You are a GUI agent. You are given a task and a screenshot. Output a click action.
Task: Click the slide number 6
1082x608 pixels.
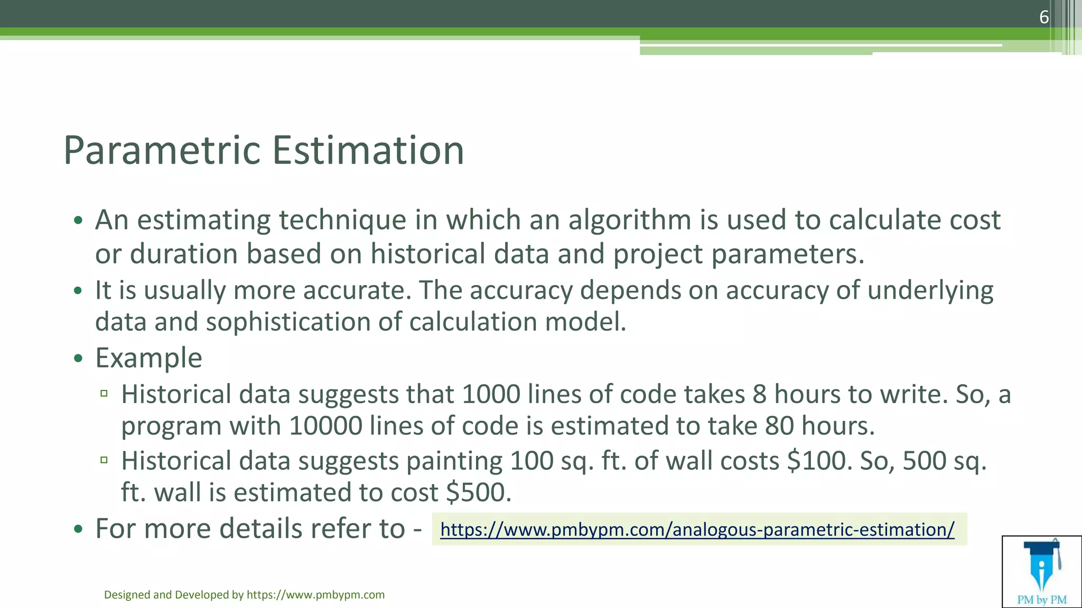[1043, 17]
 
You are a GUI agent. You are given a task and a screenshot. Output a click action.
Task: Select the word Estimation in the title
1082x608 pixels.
[368, 150]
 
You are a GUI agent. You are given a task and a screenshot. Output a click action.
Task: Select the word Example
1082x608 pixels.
[148, 358]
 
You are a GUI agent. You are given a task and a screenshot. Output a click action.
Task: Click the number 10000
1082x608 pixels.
[325, 426]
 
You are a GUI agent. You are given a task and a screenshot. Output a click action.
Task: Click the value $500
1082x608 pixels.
[478, 492]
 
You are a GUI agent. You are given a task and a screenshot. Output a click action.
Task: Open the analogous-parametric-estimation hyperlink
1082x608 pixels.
[697, 529]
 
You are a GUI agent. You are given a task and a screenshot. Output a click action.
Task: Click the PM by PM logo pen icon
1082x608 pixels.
[1041, 567]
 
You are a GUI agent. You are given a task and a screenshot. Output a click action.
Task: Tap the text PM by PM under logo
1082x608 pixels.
[1042, 600]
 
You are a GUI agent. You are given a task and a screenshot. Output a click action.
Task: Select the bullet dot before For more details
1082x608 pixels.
[78, 529]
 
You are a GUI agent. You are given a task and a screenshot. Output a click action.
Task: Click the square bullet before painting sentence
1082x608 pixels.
[104, 460]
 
